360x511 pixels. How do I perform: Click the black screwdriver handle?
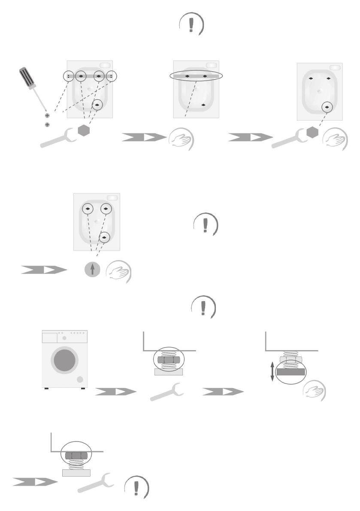click(26, 78)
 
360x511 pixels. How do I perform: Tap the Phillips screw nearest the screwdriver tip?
click(47, 115)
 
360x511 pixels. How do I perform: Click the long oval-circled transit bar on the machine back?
click(196, 76)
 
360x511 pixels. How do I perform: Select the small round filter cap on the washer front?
click(79, 380)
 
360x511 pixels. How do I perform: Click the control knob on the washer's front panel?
click(64, 338)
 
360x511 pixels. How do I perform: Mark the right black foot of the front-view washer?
click(82, 389)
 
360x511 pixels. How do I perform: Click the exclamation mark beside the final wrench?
click(136, 488)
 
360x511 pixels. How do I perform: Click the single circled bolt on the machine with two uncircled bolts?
click(327, 106)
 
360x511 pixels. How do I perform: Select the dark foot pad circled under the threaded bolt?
click(290, 372)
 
